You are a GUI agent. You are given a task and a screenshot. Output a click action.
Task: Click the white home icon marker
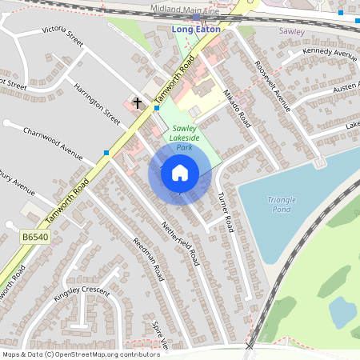coord(180,172)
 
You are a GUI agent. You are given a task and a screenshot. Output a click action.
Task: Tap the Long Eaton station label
coord(195,30)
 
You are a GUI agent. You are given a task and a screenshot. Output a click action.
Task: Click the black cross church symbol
coord(138,103)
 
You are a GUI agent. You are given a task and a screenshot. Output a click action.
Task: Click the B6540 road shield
coord(34,238)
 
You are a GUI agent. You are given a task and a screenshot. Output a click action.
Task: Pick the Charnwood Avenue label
coord(53,142)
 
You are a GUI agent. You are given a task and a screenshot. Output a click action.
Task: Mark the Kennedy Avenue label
coord(329,53)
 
